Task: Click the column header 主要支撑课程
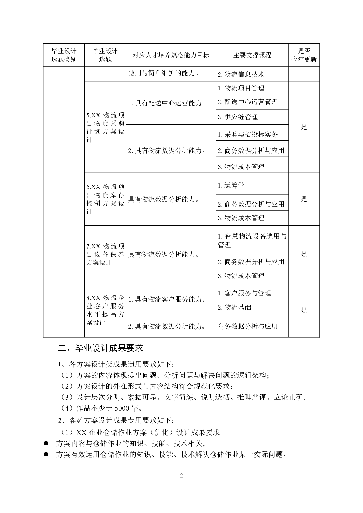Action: tap(252, 55)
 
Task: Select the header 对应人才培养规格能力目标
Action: tap(171, 55)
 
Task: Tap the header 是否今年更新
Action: tap(304, 55)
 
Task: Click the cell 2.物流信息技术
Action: tap(241, 74)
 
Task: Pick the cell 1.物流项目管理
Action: tap(241, 88)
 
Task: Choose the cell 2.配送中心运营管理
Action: tap(247, 102)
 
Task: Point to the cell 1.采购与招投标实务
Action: tap(247, 134)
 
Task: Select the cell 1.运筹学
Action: tap(231, 185)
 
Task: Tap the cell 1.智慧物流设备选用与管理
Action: tap(252, 240)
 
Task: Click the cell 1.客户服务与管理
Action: tap(244, 293)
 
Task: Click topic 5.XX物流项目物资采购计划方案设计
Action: tap(105, 127)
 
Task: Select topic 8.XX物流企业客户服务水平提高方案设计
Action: tap(105, 310)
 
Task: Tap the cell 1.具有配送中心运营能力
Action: tap(166, 103)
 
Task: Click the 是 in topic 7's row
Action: tap(304, 254)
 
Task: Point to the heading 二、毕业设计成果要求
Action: tap(100, 348)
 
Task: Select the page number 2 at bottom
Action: tap(181, 476)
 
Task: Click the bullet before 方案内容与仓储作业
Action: tap(46, 443)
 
